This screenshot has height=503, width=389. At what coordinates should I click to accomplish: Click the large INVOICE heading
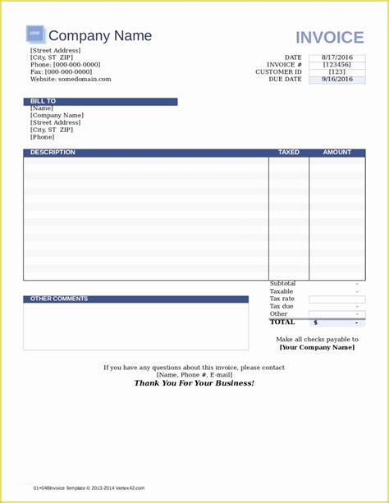point(329,38)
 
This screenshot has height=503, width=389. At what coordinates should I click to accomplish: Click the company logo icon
point(34,34)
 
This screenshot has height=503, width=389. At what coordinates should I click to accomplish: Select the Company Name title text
point(100,35)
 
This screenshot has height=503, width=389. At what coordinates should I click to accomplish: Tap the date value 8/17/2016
point(336,57)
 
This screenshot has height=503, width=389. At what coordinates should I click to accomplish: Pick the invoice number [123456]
point(336,65)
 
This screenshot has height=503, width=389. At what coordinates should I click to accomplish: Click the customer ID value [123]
point(336,72)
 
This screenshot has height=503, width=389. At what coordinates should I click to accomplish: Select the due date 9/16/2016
point(336,80)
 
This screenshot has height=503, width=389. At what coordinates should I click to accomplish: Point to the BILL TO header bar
point(100,102)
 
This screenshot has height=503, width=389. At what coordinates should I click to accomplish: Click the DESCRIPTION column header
point(53,153)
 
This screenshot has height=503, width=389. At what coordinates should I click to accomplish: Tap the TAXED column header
point(289,153)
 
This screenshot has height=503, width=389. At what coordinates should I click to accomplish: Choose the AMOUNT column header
point(336,153)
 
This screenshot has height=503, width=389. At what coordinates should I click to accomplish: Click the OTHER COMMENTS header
point(59,299)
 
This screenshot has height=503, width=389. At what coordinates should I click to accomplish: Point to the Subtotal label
point(282,284)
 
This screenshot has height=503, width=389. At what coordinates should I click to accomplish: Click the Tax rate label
point(281,299)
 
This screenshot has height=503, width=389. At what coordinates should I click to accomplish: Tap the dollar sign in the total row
point(315,322)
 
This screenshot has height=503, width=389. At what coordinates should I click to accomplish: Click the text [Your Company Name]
point(317,347)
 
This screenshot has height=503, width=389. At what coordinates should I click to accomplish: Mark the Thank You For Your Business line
point(194,383)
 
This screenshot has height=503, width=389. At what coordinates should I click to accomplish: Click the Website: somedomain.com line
point(71,80)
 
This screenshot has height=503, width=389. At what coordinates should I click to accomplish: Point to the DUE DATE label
point(285,80)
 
